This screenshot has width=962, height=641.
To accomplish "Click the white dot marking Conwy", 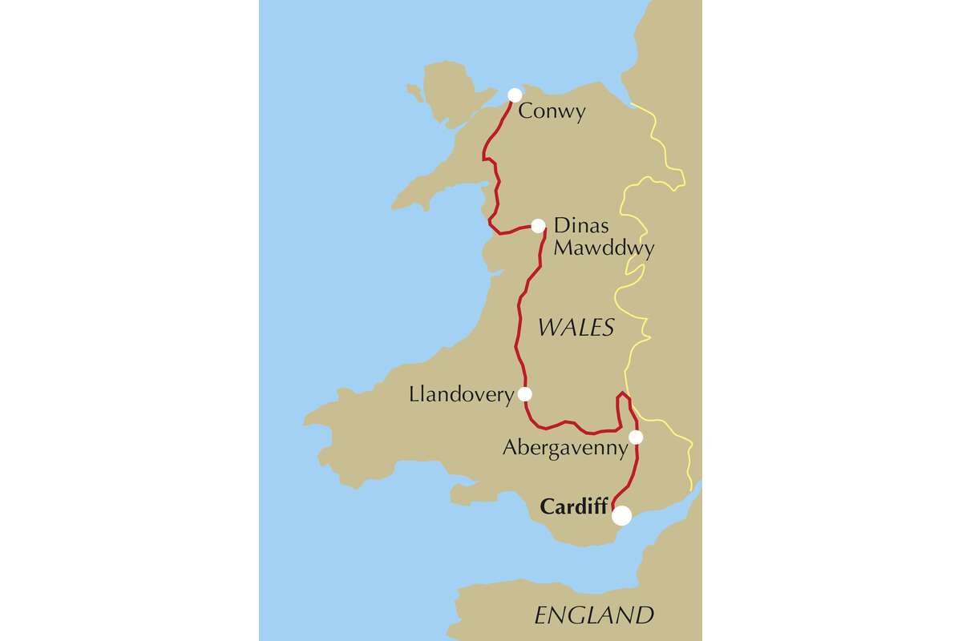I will click(515, 95).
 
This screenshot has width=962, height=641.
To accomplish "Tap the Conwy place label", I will click(552, 111).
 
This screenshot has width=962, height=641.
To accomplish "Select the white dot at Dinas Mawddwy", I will click(539, 226).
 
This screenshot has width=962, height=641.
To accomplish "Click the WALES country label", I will click(576, 327).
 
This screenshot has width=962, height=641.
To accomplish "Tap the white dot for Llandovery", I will click(525, 393).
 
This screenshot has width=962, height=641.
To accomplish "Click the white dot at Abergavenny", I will click(636, 437).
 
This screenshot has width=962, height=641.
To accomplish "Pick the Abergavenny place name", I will click(564, 448).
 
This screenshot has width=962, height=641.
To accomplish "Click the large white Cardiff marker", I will click(621, 516).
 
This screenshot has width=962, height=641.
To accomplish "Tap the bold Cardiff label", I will click(574, 506).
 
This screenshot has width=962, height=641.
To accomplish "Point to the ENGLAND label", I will click(594, 615).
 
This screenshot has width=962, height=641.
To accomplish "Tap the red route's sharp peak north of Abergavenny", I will click(623, 394).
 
